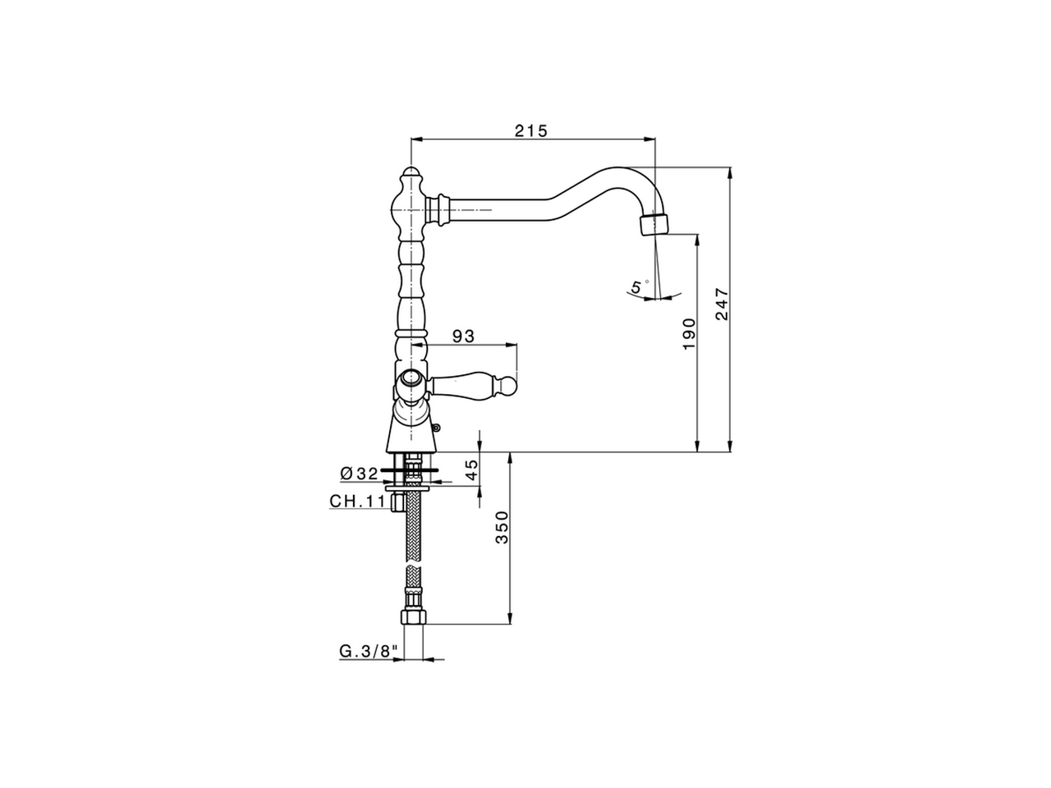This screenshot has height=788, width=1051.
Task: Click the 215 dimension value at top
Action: click(530, 131)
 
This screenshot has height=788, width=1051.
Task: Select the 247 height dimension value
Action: click(723, 304)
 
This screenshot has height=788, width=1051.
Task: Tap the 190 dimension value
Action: click(689, 334)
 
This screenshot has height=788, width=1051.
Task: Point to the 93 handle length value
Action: click(464, 336)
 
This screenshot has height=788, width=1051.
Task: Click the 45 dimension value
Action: click(470, 470)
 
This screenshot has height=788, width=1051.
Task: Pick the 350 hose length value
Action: click(502, 527)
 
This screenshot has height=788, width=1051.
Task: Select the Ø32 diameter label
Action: click(358, 474)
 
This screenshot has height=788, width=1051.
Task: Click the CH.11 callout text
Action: click(357, 502)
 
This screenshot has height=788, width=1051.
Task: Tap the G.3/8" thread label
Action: click(369, 652)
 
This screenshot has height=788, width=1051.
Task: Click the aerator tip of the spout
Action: click(654, 223)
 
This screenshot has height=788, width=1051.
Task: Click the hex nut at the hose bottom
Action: click(411, 617)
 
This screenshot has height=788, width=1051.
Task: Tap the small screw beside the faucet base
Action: click(437, 426)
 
